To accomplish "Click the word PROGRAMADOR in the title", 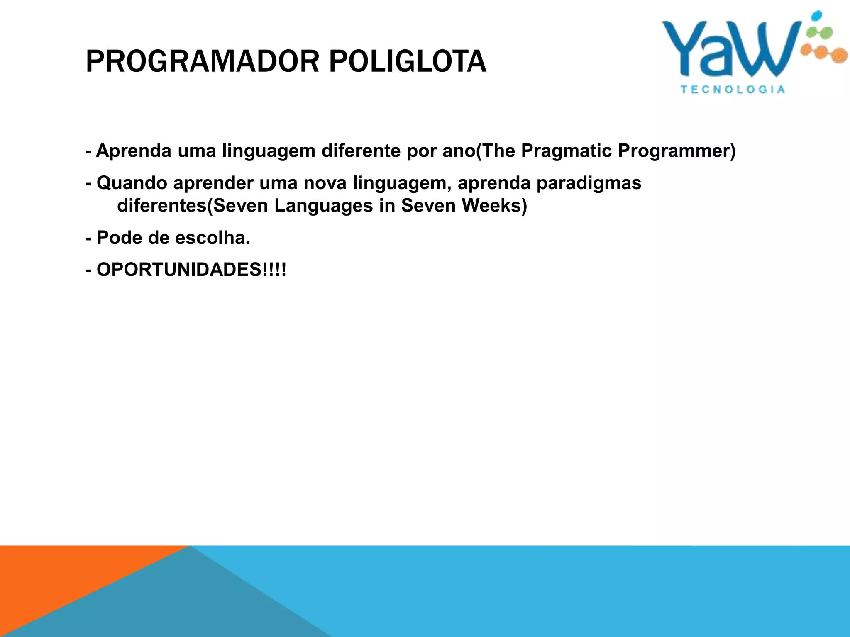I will [x=201, y=61].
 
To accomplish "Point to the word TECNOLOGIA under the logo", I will [x=733, y=90].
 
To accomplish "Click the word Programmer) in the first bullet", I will [x=677, y=151].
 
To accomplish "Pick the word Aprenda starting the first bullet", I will [x=133, y=151].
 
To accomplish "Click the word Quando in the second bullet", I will [x=132, y=183].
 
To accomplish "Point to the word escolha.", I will [x=212, y=238].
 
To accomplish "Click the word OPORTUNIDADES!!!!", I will [x=191, y=270].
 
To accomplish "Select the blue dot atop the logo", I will [x=816, y=16].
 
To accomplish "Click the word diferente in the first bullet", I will [x=361, y=151].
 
